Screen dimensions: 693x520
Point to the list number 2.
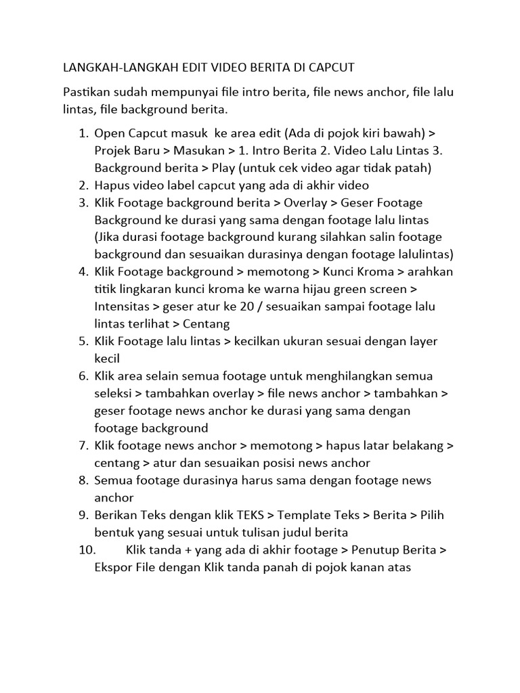click(83, 185)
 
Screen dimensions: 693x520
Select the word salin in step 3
click(381, 237)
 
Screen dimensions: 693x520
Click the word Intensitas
click(122, 307)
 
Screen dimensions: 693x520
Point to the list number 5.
click(83, 341)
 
